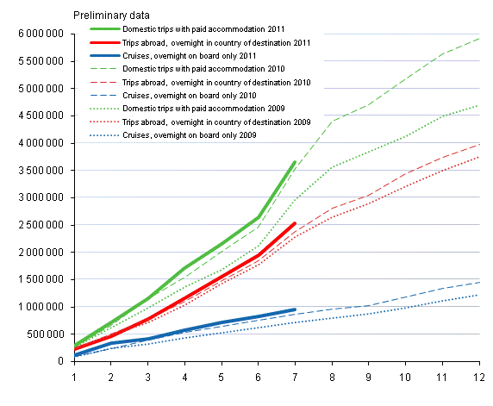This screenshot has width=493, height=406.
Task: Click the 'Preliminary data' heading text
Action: point(112,15)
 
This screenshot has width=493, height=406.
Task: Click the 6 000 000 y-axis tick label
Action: point(38,34)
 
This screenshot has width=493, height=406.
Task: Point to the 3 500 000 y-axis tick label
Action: point(38,170)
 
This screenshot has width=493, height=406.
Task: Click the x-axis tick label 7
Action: point(296,377)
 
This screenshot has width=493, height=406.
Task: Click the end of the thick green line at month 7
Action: point(296,162)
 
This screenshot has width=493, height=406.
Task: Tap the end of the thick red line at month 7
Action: point(296,223)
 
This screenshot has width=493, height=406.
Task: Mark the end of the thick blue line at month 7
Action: point(296,309)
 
